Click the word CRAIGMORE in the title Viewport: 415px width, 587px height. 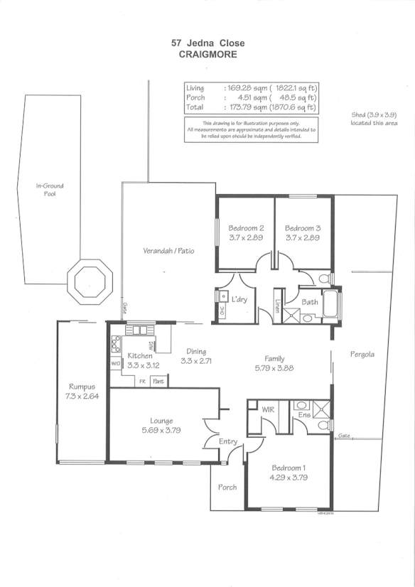coord(207,54)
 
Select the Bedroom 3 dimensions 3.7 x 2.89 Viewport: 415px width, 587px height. coord(303,238)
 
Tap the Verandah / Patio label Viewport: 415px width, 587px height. coord(168,251)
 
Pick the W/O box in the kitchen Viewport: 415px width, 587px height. coord(116,364)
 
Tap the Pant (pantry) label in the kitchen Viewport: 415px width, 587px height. coord(159,382)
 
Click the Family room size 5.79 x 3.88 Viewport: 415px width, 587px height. coord(274,368)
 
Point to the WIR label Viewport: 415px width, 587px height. coord(269,410)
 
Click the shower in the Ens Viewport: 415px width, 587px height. coord(323,408)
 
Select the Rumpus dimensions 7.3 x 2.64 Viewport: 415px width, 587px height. coord(82,397)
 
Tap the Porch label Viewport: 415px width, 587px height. coord(227,487)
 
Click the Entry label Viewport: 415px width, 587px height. coord(227,442)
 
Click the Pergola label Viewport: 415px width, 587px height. coord(362,354)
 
